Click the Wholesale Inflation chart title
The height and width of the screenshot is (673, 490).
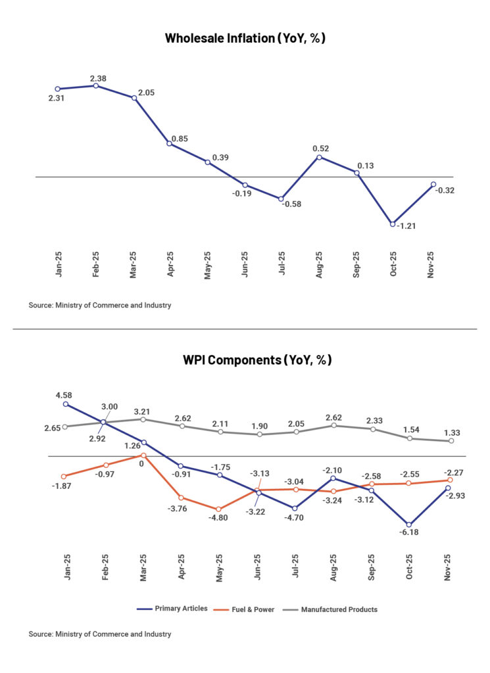245,38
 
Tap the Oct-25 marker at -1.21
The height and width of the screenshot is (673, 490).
393,224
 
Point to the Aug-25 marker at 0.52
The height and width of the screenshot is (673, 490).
320,156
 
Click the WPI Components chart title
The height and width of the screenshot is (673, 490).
257,360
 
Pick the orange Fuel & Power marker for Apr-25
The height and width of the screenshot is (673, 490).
181,498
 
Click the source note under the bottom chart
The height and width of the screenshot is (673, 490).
100,634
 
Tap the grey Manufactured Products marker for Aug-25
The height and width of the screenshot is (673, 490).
334,425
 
